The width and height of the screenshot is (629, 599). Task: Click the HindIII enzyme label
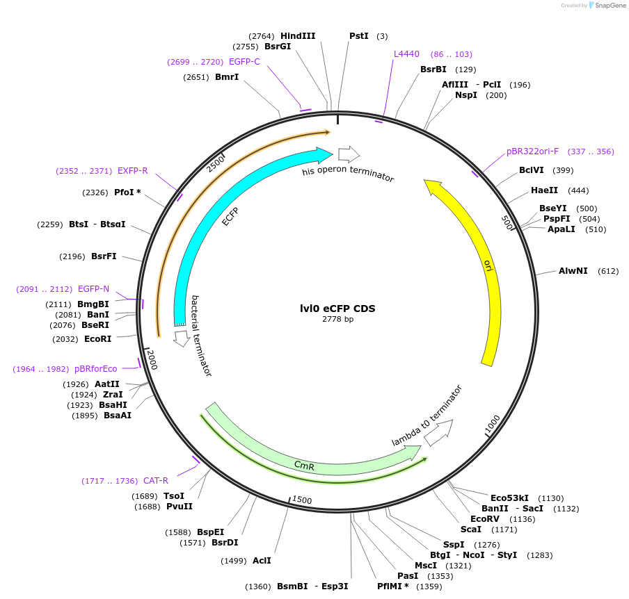[x=298, y=35]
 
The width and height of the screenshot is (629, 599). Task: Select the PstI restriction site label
[x=359, y=35]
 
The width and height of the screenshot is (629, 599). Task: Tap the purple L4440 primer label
[x=406, y=54]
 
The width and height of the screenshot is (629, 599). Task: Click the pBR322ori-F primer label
[x=532, y=151]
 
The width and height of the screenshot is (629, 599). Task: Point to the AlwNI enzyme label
[x=573, y=271]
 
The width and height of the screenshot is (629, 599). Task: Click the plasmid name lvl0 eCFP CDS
[x=337, y=309]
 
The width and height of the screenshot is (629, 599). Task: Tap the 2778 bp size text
[x=337, y=320]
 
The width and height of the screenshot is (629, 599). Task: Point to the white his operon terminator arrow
[x=349, y=154]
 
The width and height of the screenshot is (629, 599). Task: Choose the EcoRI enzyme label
[x=97, y=339]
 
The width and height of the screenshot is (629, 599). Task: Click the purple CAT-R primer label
[x=156, y=481]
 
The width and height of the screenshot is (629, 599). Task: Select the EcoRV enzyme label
[x=485, y=519]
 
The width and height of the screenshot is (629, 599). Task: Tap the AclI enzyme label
[x=262, y=560]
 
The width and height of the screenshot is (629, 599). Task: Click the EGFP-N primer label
[x=93, y=289]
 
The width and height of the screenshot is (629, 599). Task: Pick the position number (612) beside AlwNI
[x=608, y=271]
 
